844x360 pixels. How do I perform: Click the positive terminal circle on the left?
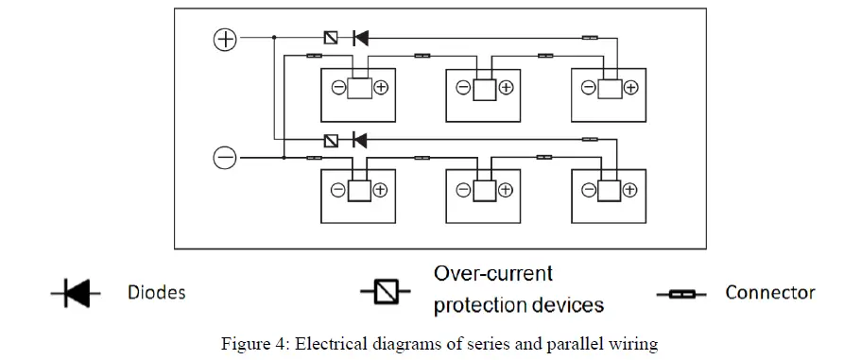coord(225,39)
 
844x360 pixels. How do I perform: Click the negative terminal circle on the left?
coord(225,159)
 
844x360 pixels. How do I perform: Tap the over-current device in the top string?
coord(331,39)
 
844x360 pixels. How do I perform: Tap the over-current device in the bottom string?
coord(331,141)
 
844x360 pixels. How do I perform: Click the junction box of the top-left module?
coord(360,88)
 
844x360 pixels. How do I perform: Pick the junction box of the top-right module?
coord(610,88)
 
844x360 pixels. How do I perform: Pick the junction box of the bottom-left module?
coord(360,190)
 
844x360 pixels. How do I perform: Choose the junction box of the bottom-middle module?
coord(485,190)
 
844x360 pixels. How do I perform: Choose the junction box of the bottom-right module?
coord(610,190)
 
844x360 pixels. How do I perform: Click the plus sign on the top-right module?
coord(631,88)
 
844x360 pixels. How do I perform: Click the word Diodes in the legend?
coord(157,293)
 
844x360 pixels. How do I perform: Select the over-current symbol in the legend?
coord(384,294)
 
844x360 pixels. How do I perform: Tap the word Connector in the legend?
coord(769,293)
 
